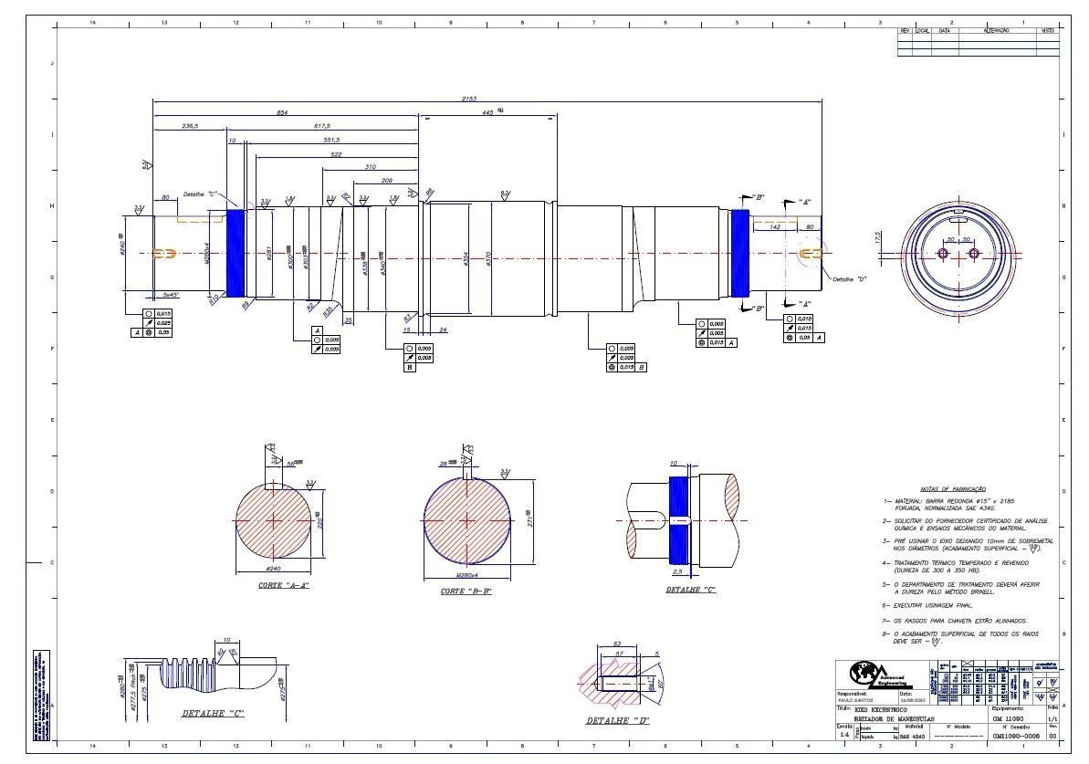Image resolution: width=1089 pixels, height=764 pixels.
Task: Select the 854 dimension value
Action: pyautogui.click(x=282, y=112)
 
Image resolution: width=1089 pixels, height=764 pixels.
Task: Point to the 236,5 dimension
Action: pyautogui.click(x=190, y=126)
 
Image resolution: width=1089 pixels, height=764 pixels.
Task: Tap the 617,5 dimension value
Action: pyautogui.click(x=322, y=126)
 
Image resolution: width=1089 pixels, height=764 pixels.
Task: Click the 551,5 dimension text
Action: pyautogui.click(x=331, y=140)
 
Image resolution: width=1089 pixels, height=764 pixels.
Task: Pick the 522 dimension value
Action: pyautogui.click(x=336, y=154)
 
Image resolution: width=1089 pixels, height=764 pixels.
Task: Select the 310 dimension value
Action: pyautogui.click(x=370, y=167)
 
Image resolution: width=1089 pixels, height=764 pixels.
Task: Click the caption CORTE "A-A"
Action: pyautogui.click(x=283, y=585)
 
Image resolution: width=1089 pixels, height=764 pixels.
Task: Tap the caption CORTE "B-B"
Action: pyautogui.click(x=466, y=591)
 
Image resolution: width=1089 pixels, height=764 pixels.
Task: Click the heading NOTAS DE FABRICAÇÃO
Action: pyautogui.click(x=952, y=489)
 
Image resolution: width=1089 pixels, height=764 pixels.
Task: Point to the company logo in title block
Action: pyautogui.click(x=862, y=674)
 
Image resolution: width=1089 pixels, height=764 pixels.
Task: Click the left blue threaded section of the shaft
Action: pyautogui.click(x=235, y=253)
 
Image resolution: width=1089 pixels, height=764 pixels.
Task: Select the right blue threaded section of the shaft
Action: pyautogui.click(x=739, y=253)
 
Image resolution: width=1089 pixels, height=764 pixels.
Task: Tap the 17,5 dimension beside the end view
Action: pyautogui.click(x=877, y=239)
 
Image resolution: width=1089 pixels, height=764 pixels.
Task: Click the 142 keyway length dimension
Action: pyautogui.click(x=775, y=225)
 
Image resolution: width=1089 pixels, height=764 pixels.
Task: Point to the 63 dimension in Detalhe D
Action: pyautogui.click(x=616, y=644)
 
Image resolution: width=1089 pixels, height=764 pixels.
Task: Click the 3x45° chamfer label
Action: pyautogui.click(x=170, y=295)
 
